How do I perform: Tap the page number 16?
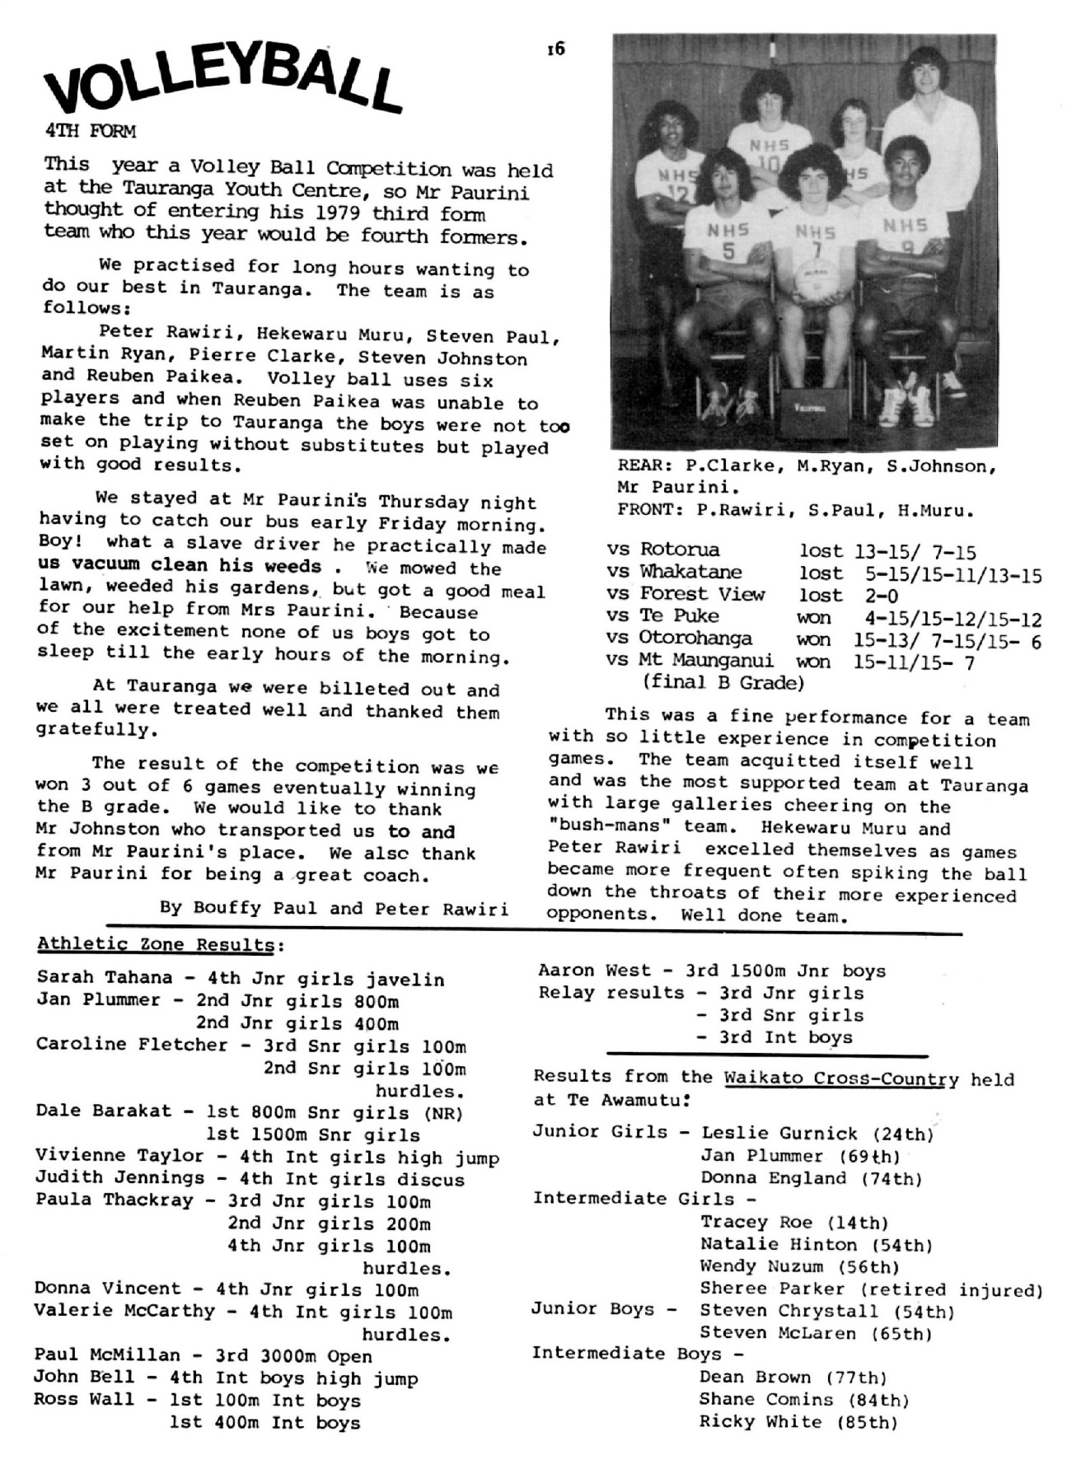tap(556, 49)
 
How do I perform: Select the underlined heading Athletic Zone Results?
tap(155, 944)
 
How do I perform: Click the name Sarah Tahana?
tap(105, 978)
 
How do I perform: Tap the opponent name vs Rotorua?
tap(663, 550)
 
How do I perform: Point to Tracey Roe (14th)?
tap(793, 1223)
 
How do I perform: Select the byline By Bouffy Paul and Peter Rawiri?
tap(334, 908)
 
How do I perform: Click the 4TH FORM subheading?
tap(91, 130)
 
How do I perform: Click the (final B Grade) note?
tap(722, 683)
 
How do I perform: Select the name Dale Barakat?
tap(103, 1111)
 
